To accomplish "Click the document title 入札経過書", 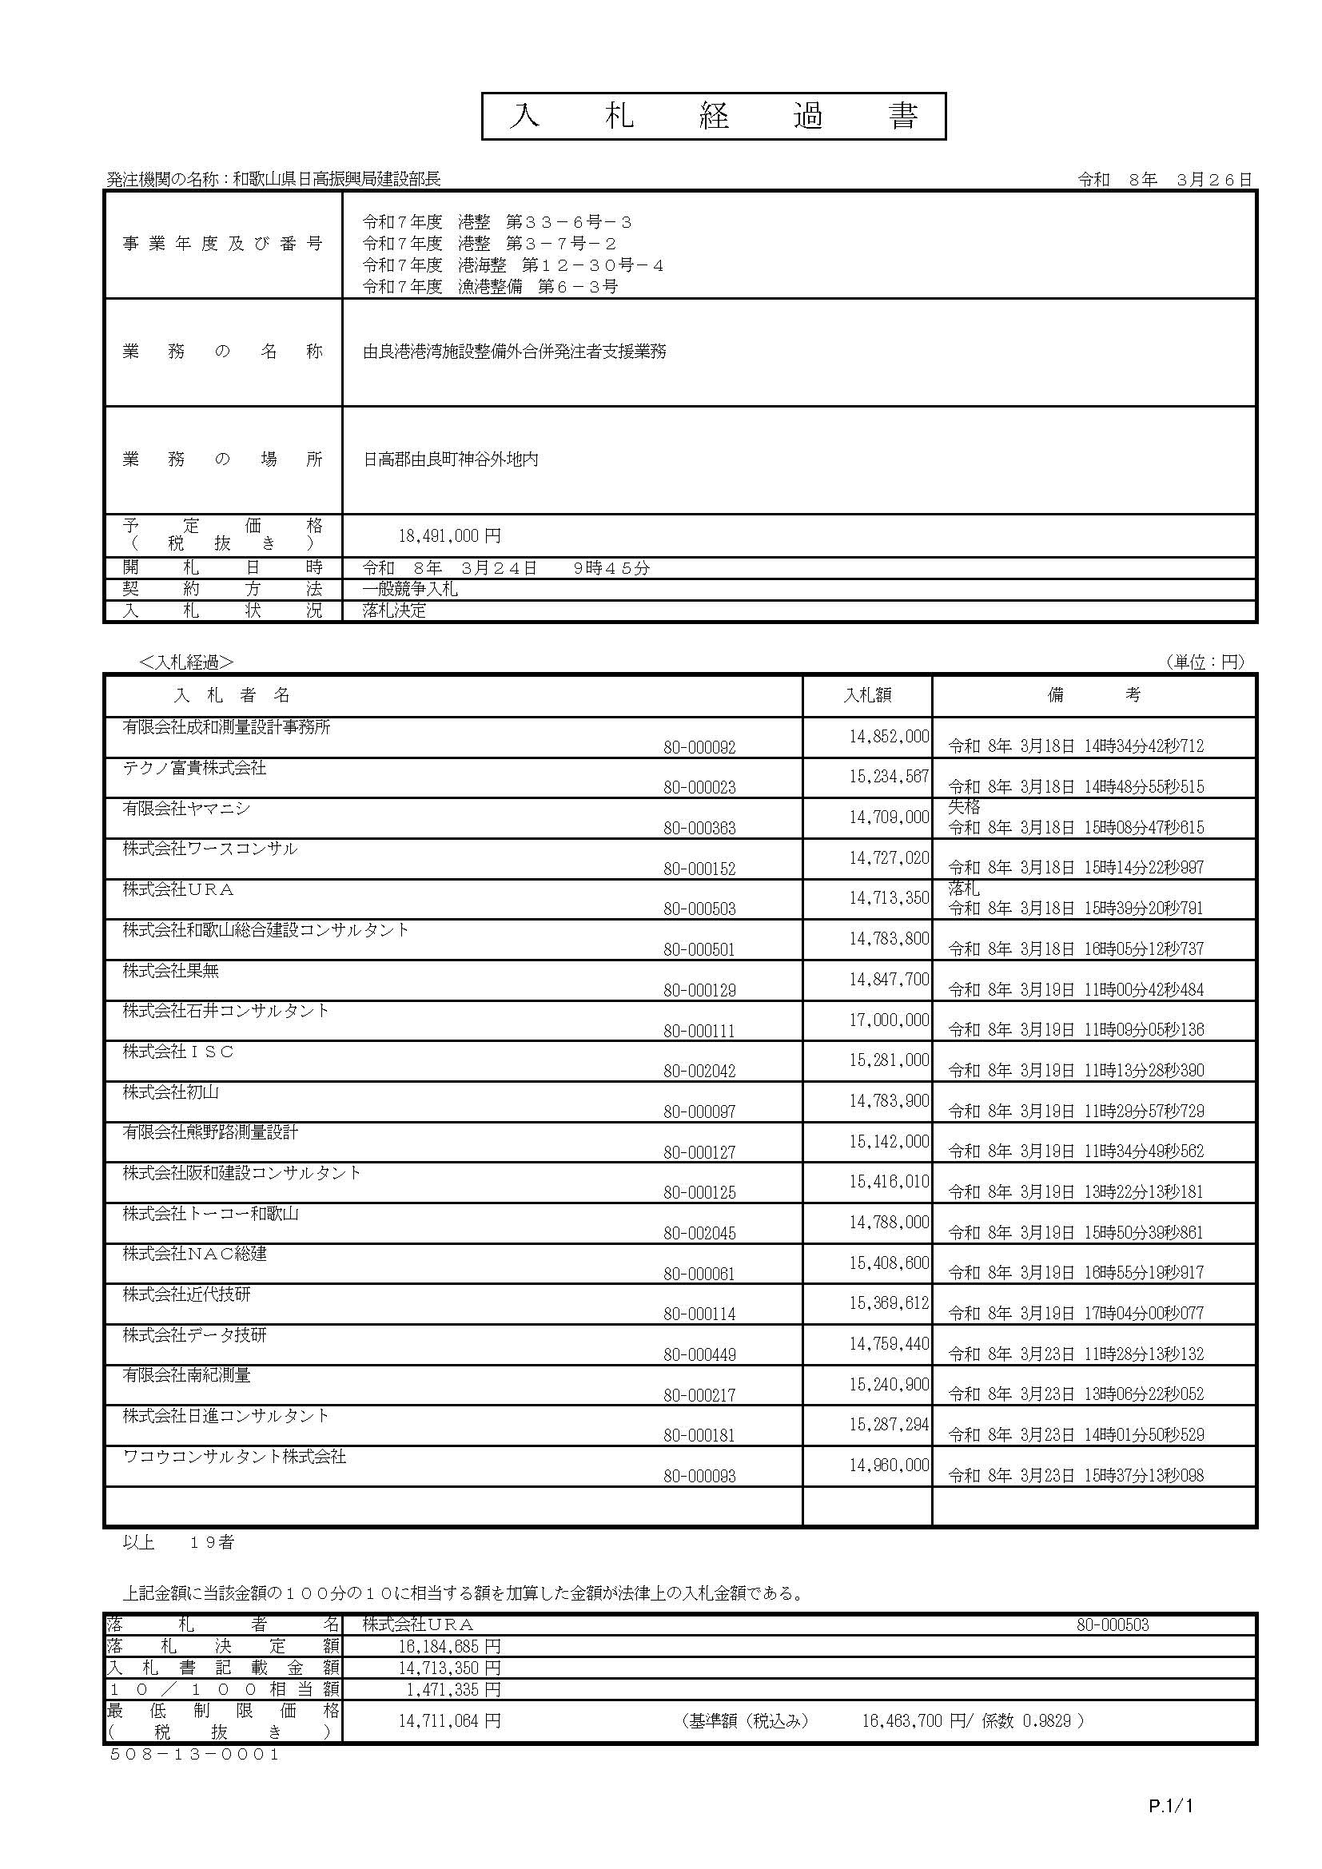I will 713,117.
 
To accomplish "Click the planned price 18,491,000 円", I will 449,536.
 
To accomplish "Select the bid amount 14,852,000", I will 888,737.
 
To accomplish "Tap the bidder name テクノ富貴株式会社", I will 194,768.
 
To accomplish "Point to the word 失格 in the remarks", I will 964,807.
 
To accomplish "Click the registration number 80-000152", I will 699,869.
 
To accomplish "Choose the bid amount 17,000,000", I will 888,1020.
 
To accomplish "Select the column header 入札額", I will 867,694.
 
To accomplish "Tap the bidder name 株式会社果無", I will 171,970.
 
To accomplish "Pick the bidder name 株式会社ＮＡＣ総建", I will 194,1254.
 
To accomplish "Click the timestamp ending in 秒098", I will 1075,1475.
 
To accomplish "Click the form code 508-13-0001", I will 194,1754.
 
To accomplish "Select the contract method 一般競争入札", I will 410,590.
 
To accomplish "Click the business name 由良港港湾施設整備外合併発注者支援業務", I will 515,352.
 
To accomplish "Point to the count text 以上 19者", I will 178,1542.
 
